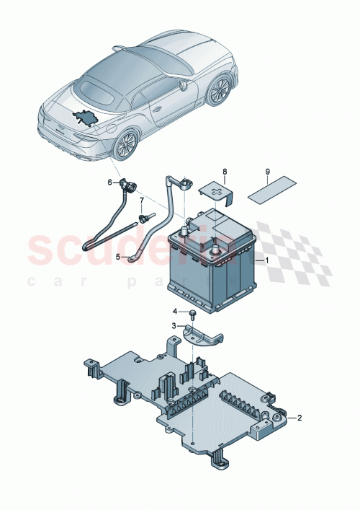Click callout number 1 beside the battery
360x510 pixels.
(267, 260)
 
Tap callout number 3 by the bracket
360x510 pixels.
(174, 326)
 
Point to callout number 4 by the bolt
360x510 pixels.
(174, 312)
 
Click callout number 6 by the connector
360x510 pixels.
(110, 183)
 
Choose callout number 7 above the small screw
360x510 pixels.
(141, 200)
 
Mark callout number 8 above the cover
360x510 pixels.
(224, 172)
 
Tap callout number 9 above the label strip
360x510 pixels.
(268, 172)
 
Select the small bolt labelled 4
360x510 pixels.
(193, 313)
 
